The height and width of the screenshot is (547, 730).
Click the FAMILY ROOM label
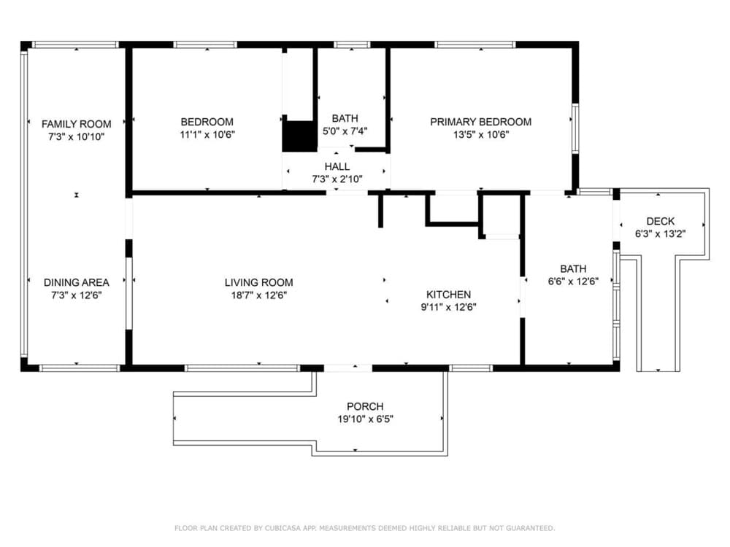tap(77, 124)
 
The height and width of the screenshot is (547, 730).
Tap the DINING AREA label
tap(77, 282)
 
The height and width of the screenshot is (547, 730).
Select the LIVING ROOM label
tap(259, 282)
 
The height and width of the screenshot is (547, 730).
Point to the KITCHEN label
tap(449, 295)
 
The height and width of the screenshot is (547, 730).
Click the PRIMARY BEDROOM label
tap(481, 122)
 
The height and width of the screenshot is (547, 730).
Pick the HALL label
tap(337, 166)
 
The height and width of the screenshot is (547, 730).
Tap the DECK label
tap(661, 222)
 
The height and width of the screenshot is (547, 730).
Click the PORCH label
tap(366, 406)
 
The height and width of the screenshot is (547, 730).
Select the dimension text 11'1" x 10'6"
tap(207, 135)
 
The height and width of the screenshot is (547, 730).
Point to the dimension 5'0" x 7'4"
tap(345, 131)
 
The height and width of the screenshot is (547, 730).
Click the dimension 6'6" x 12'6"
tap(573, 282)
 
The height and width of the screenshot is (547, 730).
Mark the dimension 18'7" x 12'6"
tap(259, 295)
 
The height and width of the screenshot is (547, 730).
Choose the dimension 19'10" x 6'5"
tap(366, 419)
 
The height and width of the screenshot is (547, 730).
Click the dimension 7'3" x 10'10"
tap(77, 137)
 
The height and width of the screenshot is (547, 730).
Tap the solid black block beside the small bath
tap(300, 136)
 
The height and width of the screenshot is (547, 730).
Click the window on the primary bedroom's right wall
tap(575, 128)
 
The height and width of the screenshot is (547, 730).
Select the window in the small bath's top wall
tap(353, 44)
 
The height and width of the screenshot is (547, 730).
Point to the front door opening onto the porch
tap(347, 368)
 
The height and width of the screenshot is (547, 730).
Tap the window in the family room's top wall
tap(75, 44)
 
